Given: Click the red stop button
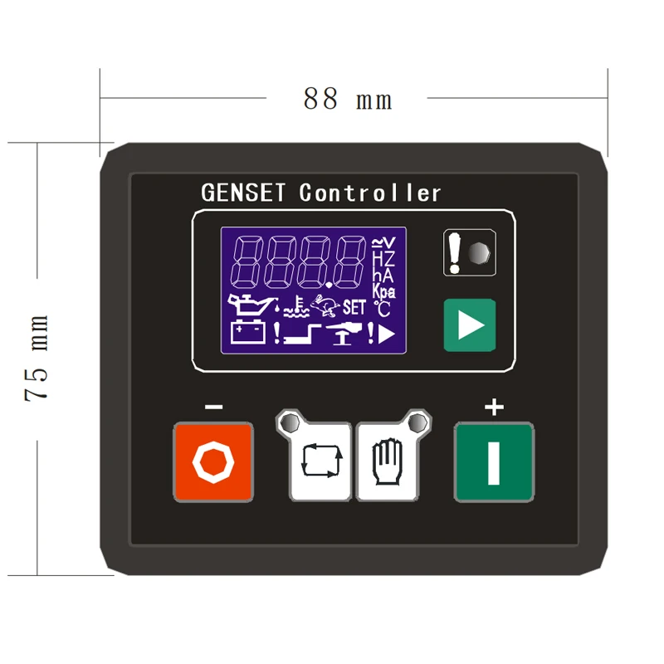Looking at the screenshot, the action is pyautogui.click(x=212, y=461).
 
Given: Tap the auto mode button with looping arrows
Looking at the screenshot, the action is pyautogui.click(x=321, y=461).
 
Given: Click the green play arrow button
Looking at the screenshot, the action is pyautogui.click(x=469, y=324).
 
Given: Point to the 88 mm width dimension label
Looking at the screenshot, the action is pyautogui.click(x=347, y=99).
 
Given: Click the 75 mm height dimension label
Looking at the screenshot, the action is pyautogui.click(x=38, y=358).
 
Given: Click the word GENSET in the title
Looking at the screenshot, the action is pyautogui.click(x=243, y=193).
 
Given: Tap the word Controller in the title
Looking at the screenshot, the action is pyautogui.click(x=370, y=193).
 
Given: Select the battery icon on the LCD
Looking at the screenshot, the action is pyautogui.click(x=248, y=334).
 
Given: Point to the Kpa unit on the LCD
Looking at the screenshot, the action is pyautogui.click(x=383, y=291).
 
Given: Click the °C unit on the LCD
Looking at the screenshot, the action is pyautogui.click(x=382, y=309).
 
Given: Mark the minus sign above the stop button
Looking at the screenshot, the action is pyautogui.click(x=213, y=407).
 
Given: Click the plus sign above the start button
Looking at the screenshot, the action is pyautogui.click(x=494, y=407).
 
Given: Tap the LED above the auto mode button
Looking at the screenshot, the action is pyautogui.click(x=290, y=423).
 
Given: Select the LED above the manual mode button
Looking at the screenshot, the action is pyautogui.click(x=418, y=423).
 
